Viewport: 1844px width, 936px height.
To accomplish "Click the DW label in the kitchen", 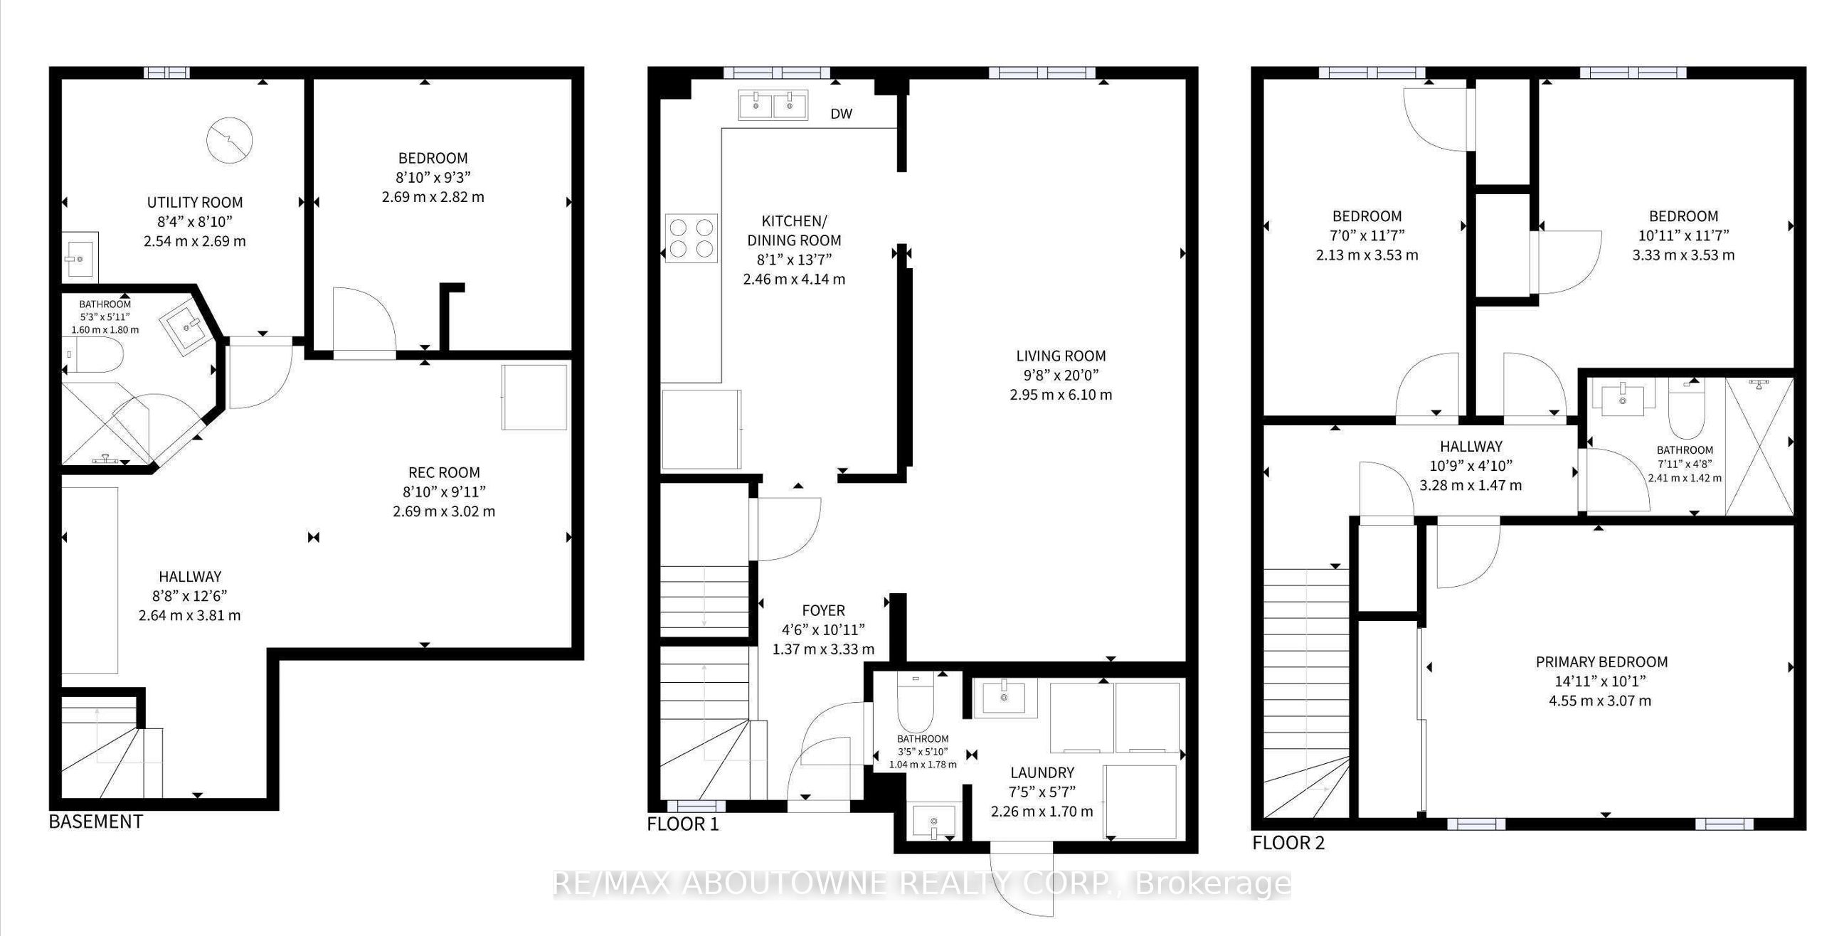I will (841, 114).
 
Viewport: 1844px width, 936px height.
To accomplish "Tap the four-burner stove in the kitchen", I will (691, 238).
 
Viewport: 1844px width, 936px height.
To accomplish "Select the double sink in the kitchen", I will (773, 105).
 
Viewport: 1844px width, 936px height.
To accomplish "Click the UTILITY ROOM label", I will (195, 203).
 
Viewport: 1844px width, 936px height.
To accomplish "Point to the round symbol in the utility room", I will (229, 140).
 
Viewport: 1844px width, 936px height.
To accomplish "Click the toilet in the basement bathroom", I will (96, 355).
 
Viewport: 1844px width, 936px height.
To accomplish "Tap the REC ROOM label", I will (444, 472).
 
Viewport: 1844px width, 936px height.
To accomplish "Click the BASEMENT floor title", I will (96, 821).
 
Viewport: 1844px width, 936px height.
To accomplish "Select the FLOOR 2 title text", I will (1288, 843).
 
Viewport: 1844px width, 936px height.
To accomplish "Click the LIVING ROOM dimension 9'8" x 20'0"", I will (1060, 375).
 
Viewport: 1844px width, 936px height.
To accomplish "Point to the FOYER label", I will (823, 610).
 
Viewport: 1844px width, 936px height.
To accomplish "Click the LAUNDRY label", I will (1042, 773).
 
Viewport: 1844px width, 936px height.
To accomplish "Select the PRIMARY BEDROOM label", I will (1601, 662).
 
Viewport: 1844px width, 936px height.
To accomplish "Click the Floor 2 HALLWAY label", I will (1471, 447).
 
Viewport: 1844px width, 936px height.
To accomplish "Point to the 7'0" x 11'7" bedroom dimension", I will (1367, 235).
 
